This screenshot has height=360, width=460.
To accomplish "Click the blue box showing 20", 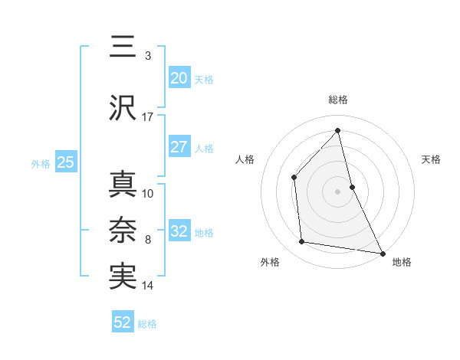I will pyautogui.click(x=179, y=77).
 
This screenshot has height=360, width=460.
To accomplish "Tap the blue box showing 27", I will pyautogui.click(x=179, y=147).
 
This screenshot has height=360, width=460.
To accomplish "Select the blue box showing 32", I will pyautogui.click(x=179, y=231).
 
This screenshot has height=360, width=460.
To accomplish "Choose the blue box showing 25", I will pyautogui.click(x=65, y=162).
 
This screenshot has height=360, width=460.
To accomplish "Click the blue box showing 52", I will pyautogui.click(x=123, y=322).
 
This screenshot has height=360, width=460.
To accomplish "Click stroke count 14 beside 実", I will pyautogui.click(x=148, y=286).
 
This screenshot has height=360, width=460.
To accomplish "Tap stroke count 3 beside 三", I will pyautogui.click(x=147, y=56).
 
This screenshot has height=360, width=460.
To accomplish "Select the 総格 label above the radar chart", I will pyautogui.click(x=338, y=100).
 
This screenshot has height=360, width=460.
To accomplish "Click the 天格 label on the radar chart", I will pyautogui.click(x=431, y=159).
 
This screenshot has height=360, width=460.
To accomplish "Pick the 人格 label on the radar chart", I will pyautogui.click(x=245, y=159).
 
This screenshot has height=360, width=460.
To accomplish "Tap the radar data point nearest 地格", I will pyautogui.click(x=382, y=253).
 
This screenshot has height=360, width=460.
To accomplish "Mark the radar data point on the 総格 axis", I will pyautogui.click(x=338, y=130).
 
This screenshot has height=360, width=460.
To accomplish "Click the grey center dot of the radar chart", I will pyautogui.click(x=338, y=191).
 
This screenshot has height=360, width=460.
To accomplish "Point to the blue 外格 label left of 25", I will pyautogui.click(x=40, y=163).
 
